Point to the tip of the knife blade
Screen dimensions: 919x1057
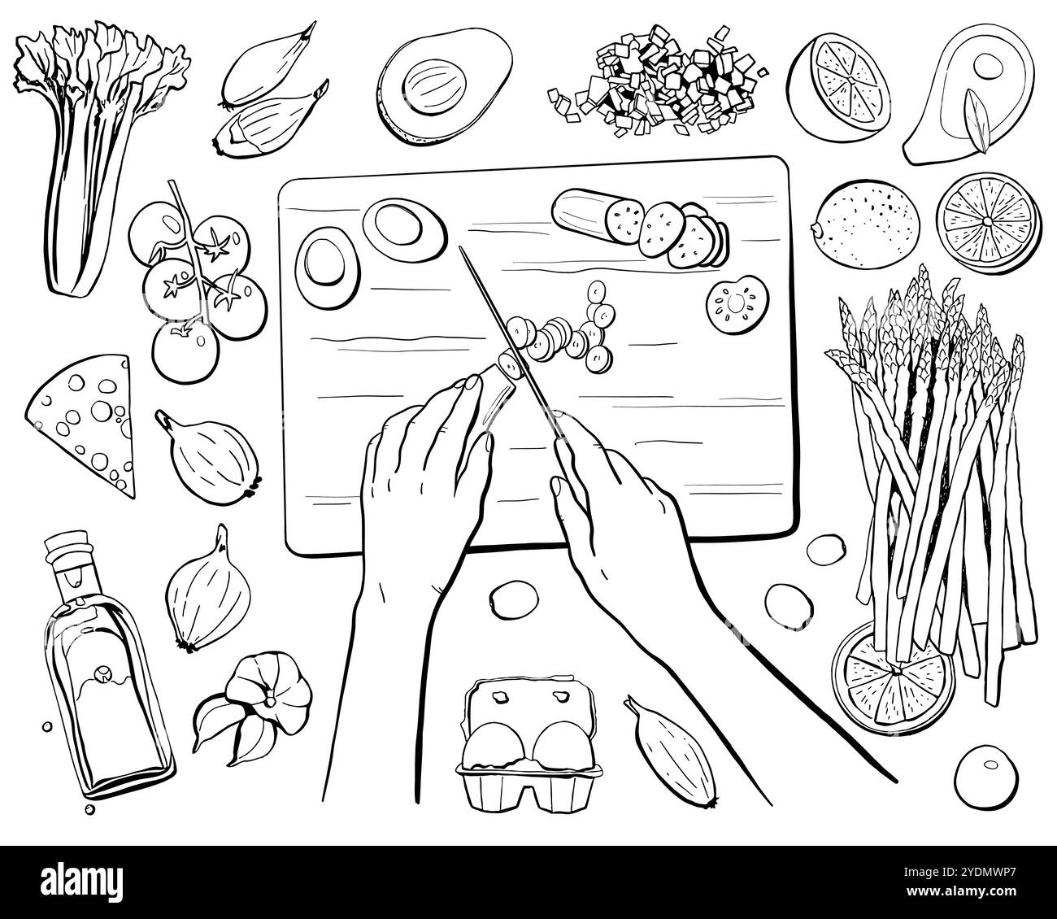pyautogui.click(x=461, y=250)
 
